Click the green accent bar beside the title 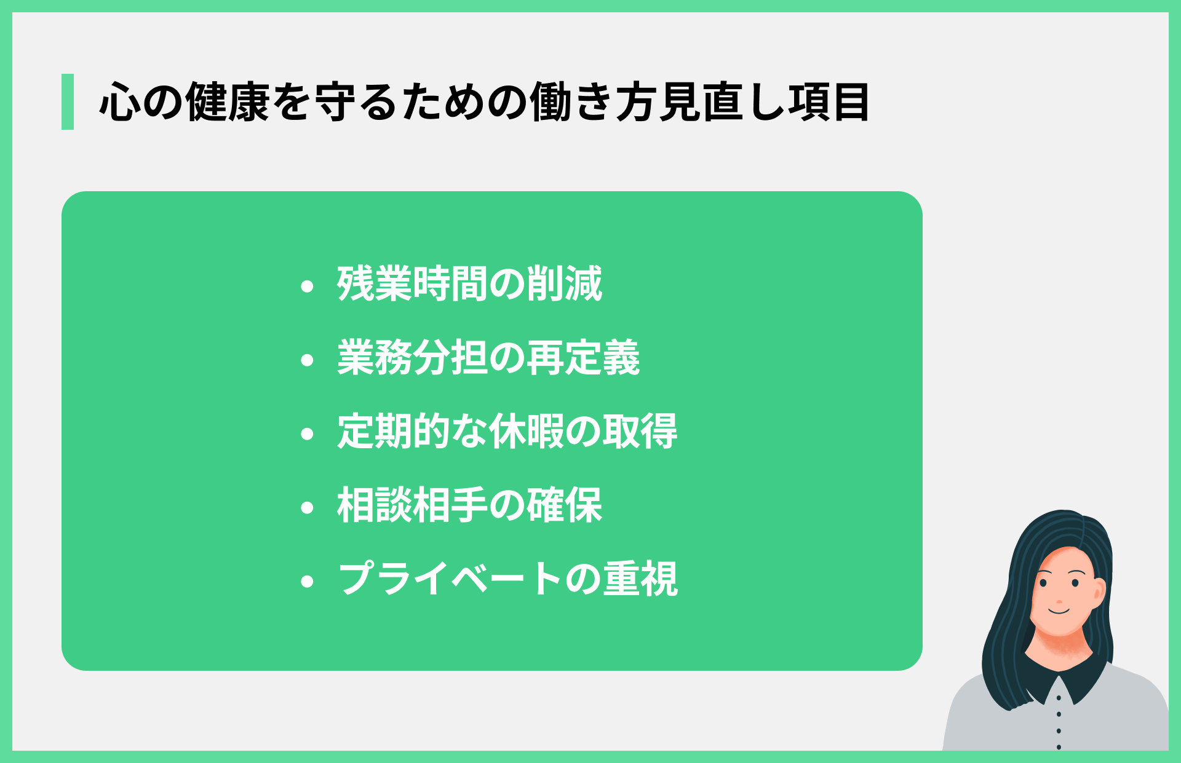(68, 101)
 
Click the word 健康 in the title (228, 102)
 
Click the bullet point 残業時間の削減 (469, 284)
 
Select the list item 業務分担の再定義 (488, 358)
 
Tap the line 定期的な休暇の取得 (507, 432)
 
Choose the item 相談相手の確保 (469, 505)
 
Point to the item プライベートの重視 (507, 579)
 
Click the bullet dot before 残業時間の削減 (308, 287)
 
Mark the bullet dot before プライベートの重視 (308, 582)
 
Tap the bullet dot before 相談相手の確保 (308, 508)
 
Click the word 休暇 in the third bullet (527, 432)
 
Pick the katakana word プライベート (449, 579)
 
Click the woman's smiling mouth (1059, 611)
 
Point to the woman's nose (1059, 599)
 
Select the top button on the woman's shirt (1059, 698)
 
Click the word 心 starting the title (119, 102)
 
